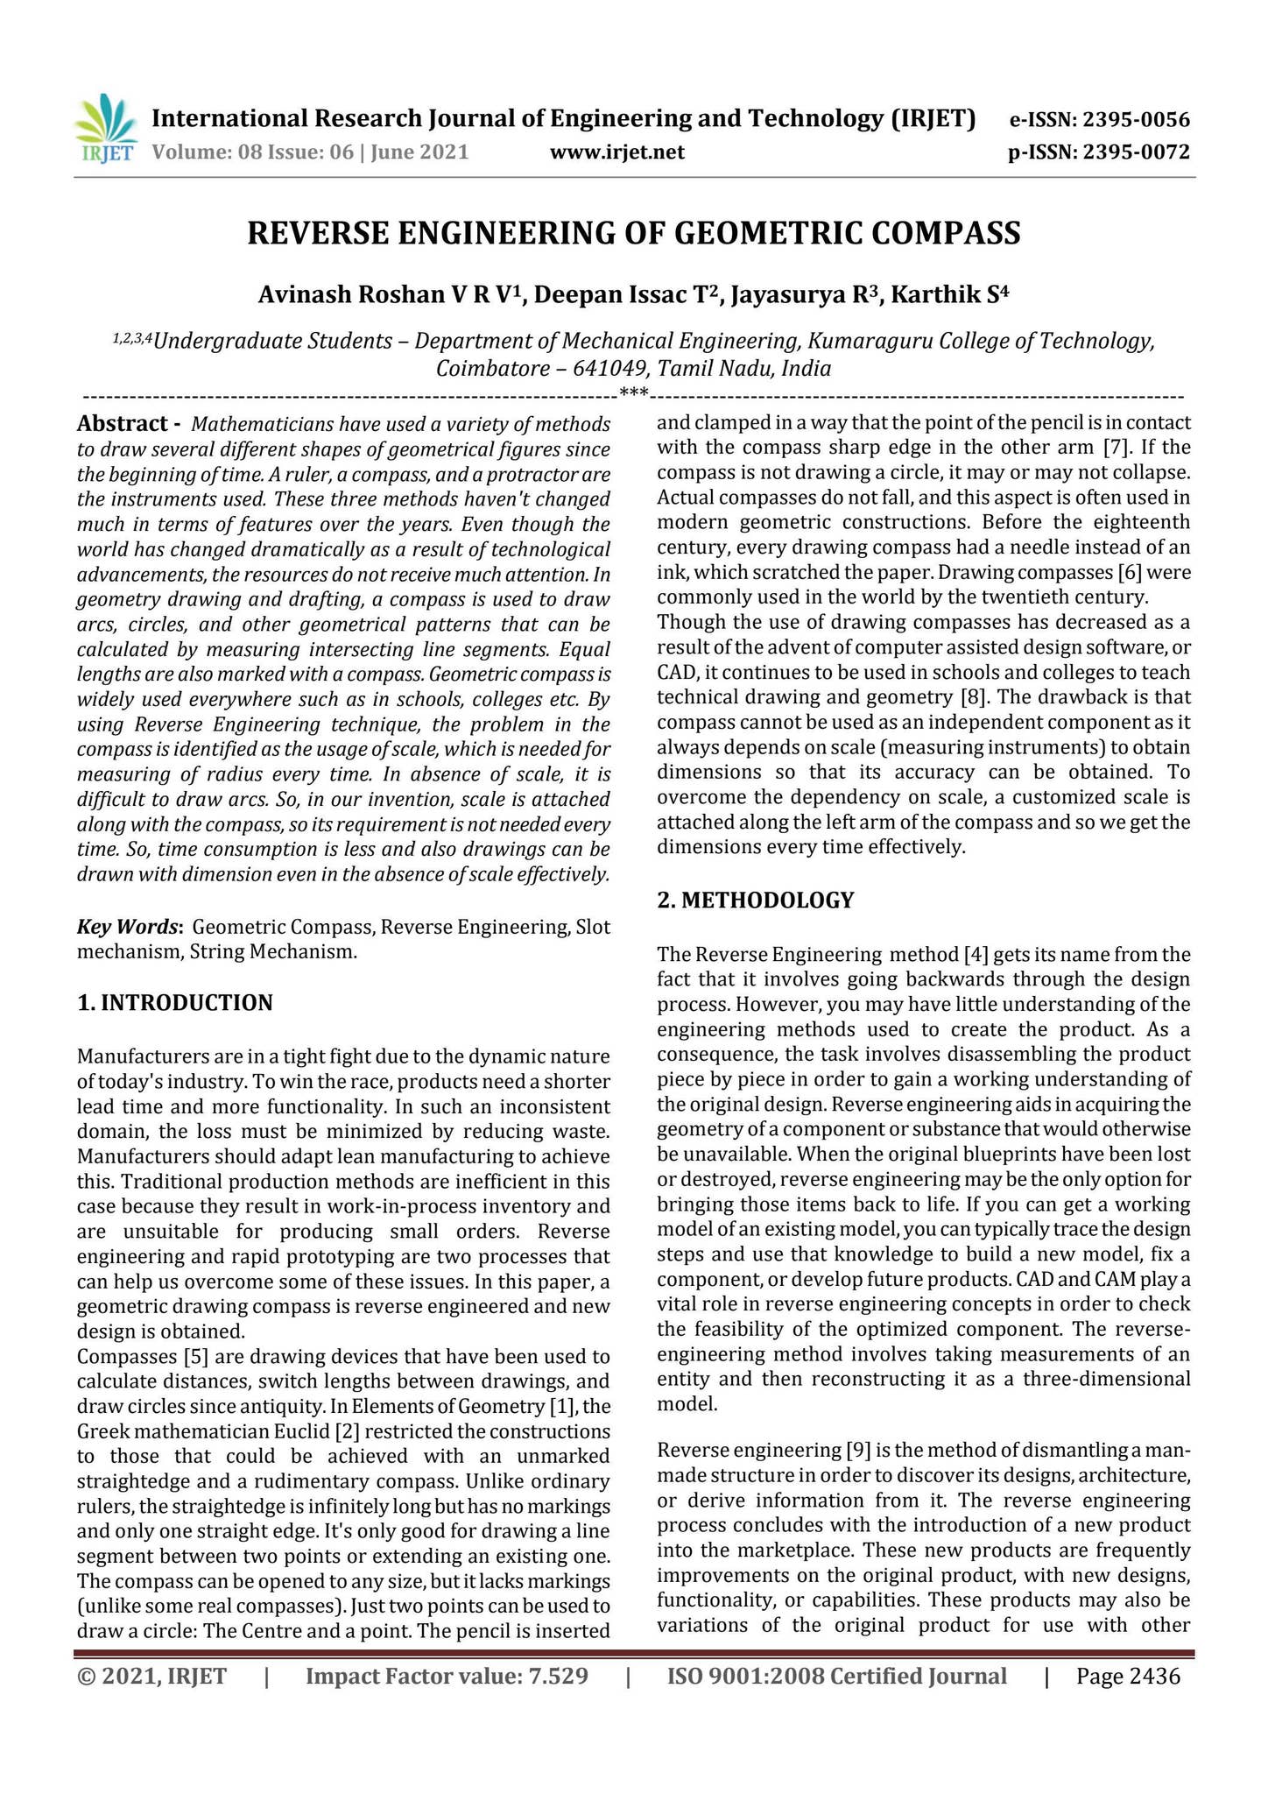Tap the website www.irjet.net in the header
point(616,152)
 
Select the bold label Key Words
point(129,927)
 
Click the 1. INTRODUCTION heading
point(175,1003)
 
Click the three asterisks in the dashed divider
point(633,392)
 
